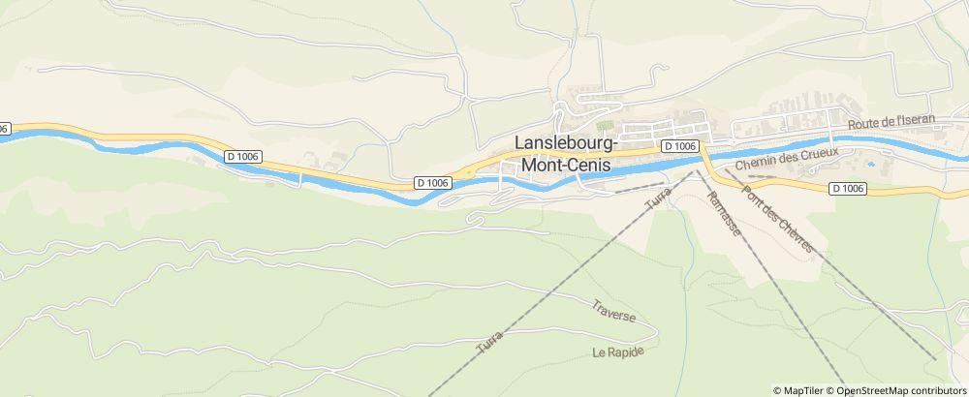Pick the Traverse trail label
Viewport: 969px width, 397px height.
pyautogui.click(x=613, y=311)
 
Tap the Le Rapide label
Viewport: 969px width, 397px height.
pyautogui.click(x=618, y=351)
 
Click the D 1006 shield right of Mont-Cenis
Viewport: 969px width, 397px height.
pyautogui.click(x=681, y=145)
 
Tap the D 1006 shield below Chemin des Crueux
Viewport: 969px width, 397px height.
pyautogui.click(x=848, y=189)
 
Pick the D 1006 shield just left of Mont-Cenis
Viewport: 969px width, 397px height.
pyautogui.click(x=432, y=182)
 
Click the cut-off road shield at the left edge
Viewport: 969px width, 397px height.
pyautogui.click(x=4, y=128)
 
